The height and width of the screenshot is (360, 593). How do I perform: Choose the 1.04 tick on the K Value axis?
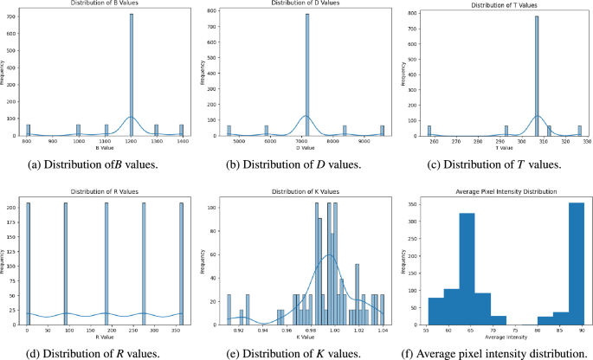click(x=381, y=330)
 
